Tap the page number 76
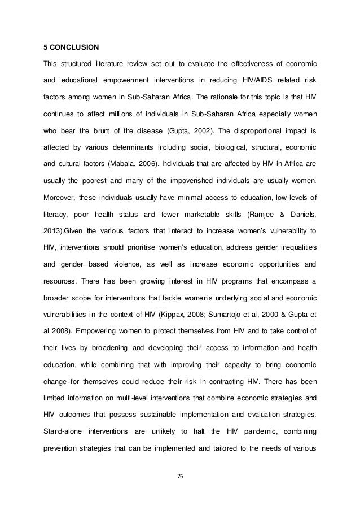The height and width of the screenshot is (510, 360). pyautogui.click(x=180, y=476)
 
